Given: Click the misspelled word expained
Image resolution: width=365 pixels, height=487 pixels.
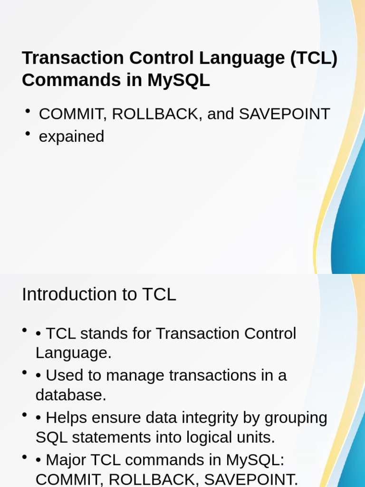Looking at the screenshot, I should [71, 137].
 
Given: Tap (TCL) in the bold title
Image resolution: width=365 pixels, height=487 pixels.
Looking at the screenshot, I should [314, 58].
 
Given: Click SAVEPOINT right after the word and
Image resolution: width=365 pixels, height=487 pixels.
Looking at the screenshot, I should [284, 114].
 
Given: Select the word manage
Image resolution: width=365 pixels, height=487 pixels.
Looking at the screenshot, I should [135, 375].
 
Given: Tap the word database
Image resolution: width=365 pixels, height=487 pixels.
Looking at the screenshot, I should [70, 395].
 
